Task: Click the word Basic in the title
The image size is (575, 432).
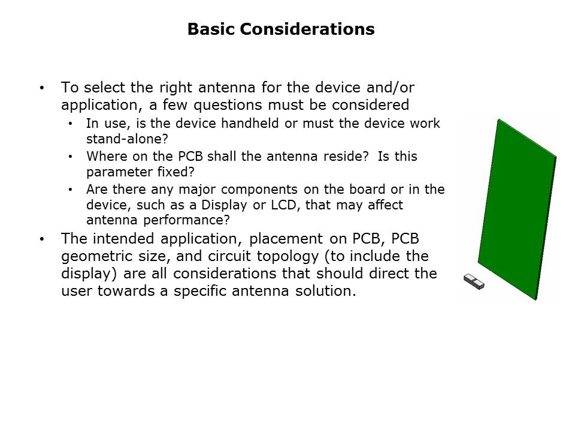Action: pos(211,29)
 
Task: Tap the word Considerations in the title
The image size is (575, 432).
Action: pos(307,29)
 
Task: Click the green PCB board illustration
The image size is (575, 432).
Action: pos(517,209)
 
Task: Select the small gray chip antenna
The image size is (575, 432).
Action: pos(474,282)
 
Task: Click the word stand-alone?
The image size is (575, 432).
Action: pos(127,139)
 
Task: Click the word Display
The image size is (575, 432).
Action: pos(224,205)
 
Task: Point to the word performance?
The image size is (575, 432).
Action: pos(186,220)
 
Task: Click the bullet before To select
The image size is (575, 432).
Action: pos(42,88)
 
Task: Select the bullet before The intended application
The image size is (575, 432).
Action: pos(42,239)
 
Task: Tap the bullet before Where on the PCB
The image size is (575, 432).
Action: pos(71,157)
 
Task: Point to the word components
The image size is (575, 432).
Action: pos(259,190)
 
